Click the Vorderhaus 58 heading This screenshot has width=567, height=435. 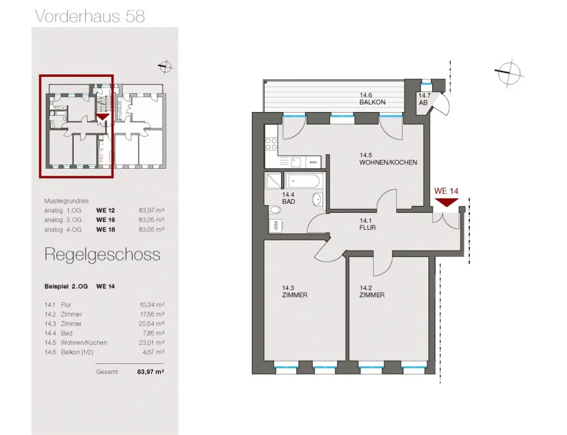tap(89, 16)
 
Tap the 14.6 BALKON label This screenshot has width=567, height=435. tap(372, 99)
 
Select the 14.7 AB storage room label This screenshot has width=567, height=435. tap(424, 99)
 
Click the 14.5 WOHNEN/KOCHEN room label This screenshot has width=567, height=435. tap(388, 159)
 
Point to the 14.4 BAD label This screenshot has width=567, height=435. tap(289, 198)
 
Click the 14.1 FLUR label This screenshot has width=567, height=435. tap(367, 224)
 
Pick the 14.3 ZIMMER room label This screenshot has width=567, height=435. tap(294, 291)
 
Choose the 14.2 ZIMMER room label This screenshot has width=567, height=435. tap(372, 291)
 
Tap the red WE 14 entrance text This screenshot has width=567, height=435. tap(446, 191)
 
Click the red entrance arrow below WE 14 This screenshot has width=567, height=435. tap(447, 202)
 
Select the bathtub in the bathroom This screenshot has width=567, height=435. tap(304, 180)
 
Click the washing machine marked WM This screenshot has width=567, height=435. tap(275, 226)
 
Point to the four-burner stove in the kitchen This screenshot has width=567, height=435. tap(272, 144)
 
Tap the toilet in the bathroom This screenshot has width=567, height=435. tap(275, 210)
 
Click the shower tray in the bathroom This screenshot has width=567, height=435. tap(273, 180)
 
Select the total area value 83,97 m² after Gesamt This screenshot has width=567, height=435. tap(151, 371)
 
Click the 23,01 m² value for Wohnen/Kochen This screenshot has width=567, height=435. tap(152, 342)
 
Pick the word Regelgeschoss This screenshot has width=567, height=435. tap(102, 255)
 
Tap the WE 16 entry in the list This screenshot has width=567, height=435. tap(106, 220)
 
